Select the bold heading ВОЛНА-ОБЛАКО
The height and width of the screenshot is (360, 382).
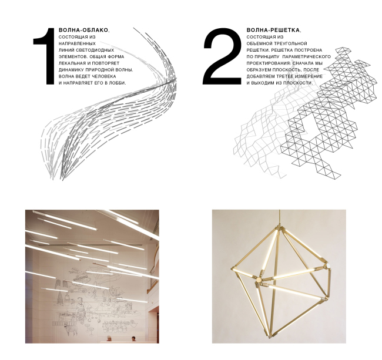(x=84, y=29)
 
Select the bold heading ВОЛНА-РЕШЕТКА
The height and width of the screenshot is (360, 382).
(x=273, y=29)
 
